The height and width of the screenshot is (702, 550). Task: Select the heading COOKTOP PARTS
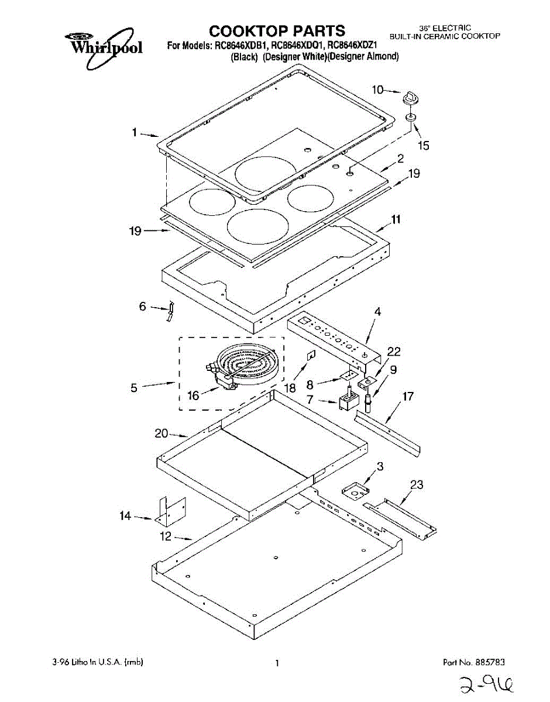[x=277, y=30]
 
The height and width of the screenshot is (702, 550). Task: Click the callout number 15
[x=422, y=145]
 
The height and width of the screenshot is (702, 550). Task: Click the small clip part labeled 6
[x=170, y=312]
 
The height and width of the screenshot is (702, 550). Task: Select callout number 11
[x=396, y=221]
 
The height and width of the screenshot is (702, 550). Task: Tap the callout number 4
[x=377, y=312]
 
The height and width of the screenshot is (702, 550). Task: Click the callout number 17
[x=407, y=397]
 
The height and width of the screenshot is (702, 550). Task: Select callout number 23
[x=417, y=485]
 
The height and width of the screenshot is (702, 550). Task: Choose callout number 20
[x=161, y=433]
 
